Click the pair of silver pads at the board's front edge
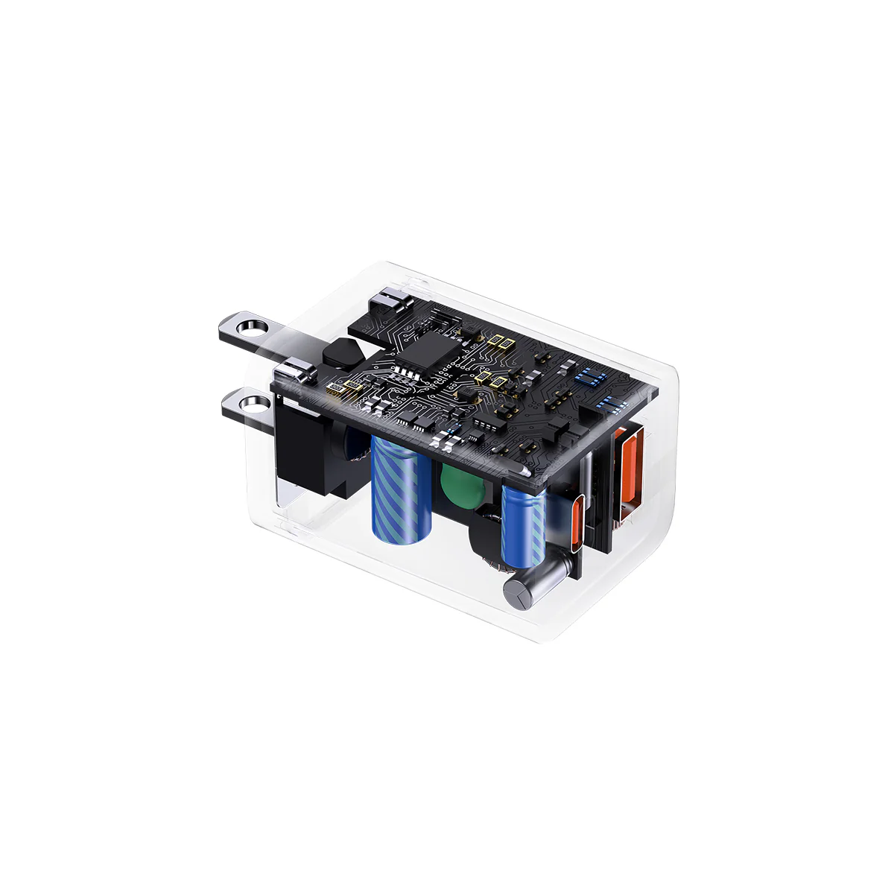point(447,443)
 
